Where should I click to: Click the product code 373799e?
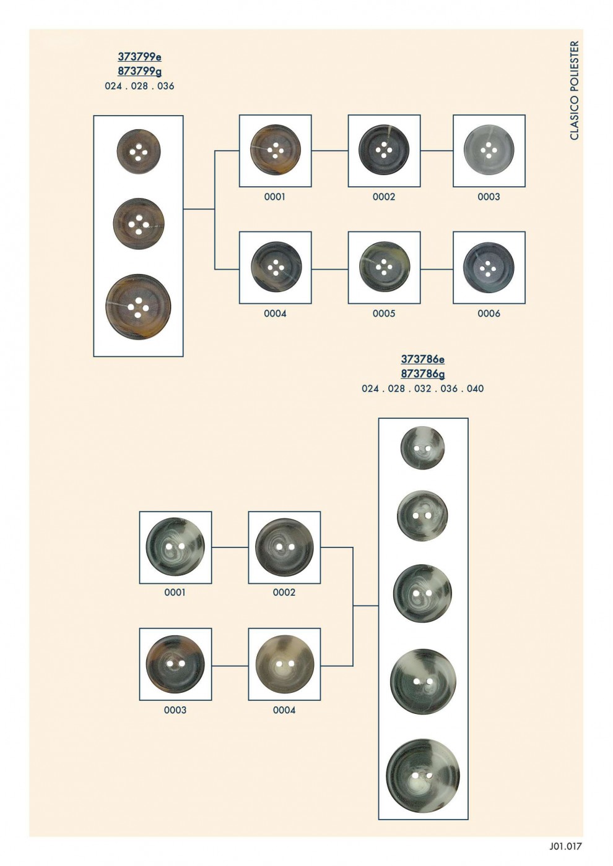pos(139,57)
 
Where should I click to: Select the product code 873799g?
pos(139,72)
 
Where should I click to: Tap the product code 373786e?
pos(422,359)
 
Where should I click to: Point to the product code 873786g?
pos(422,374)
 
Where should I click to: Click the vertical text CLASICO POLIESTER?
pos(575,90)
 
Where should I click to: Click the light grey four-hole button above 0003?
pos(489,150)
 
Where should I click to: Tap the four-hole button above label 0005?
pos(384,267)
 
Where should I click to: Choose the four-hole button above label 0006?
pos(489,267)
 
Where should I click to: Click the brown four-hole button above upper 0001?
pos(275,150)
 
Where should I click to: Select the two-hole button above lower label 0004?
pos(284,664)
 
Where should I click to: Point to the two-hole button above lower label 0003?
pos(175,664)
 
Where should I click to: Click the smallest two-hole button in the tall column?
pos(422,448)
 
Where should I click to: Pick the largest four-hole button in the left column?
pos(138,307)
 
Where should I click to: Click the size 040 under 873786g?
pos(476,388)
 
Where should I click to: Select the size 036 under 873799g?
pos(166,86)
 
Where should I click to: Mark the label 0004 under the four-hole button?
pos(275,314)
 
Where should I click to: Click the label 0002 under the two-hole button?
pos(284,593)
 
